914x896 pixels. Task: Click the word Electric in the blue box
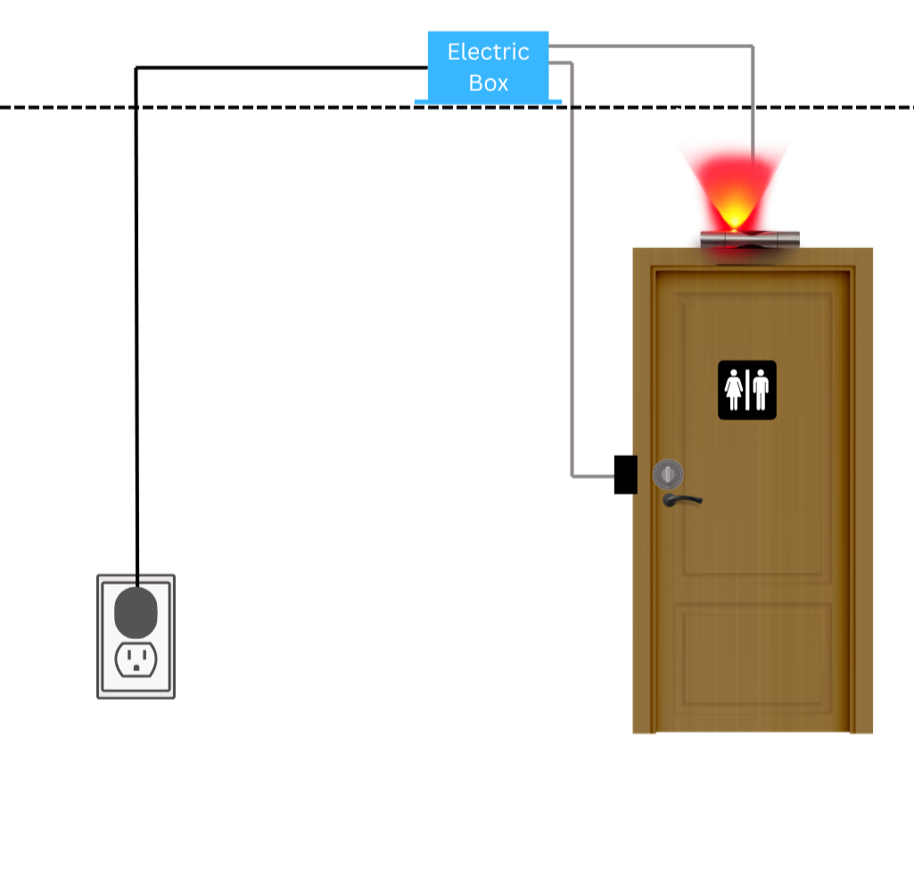coord(489,52)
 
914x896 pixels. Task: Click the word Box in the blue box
coord(489,83)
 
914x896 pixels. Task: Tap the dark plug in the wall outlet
coord(136,612)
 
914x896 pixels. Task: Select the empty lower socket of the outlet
coord(136,660)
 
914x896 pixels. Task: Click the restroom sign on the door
coord(746,390)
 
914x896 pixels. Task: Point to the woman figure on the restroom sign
coord(733,390)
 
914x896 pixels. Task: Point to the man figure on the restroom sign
coord(760,390)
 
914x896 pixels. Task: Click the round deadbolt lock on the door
coord(668,474)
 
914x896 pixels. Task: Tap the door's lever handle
coord(682,501)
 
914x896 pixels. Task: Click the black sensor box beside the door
coord(625,474)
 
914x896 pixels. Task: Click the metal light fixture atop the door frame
coord(750,239)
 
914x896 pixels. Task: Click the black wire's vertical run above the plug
coord(136,327)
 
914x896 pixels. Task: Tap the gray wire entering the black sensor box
coord(593,476)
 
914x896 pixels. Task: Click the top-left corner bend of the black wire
coord(136,68)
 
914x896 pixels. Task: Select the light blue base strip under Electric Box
coord(488,102)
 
